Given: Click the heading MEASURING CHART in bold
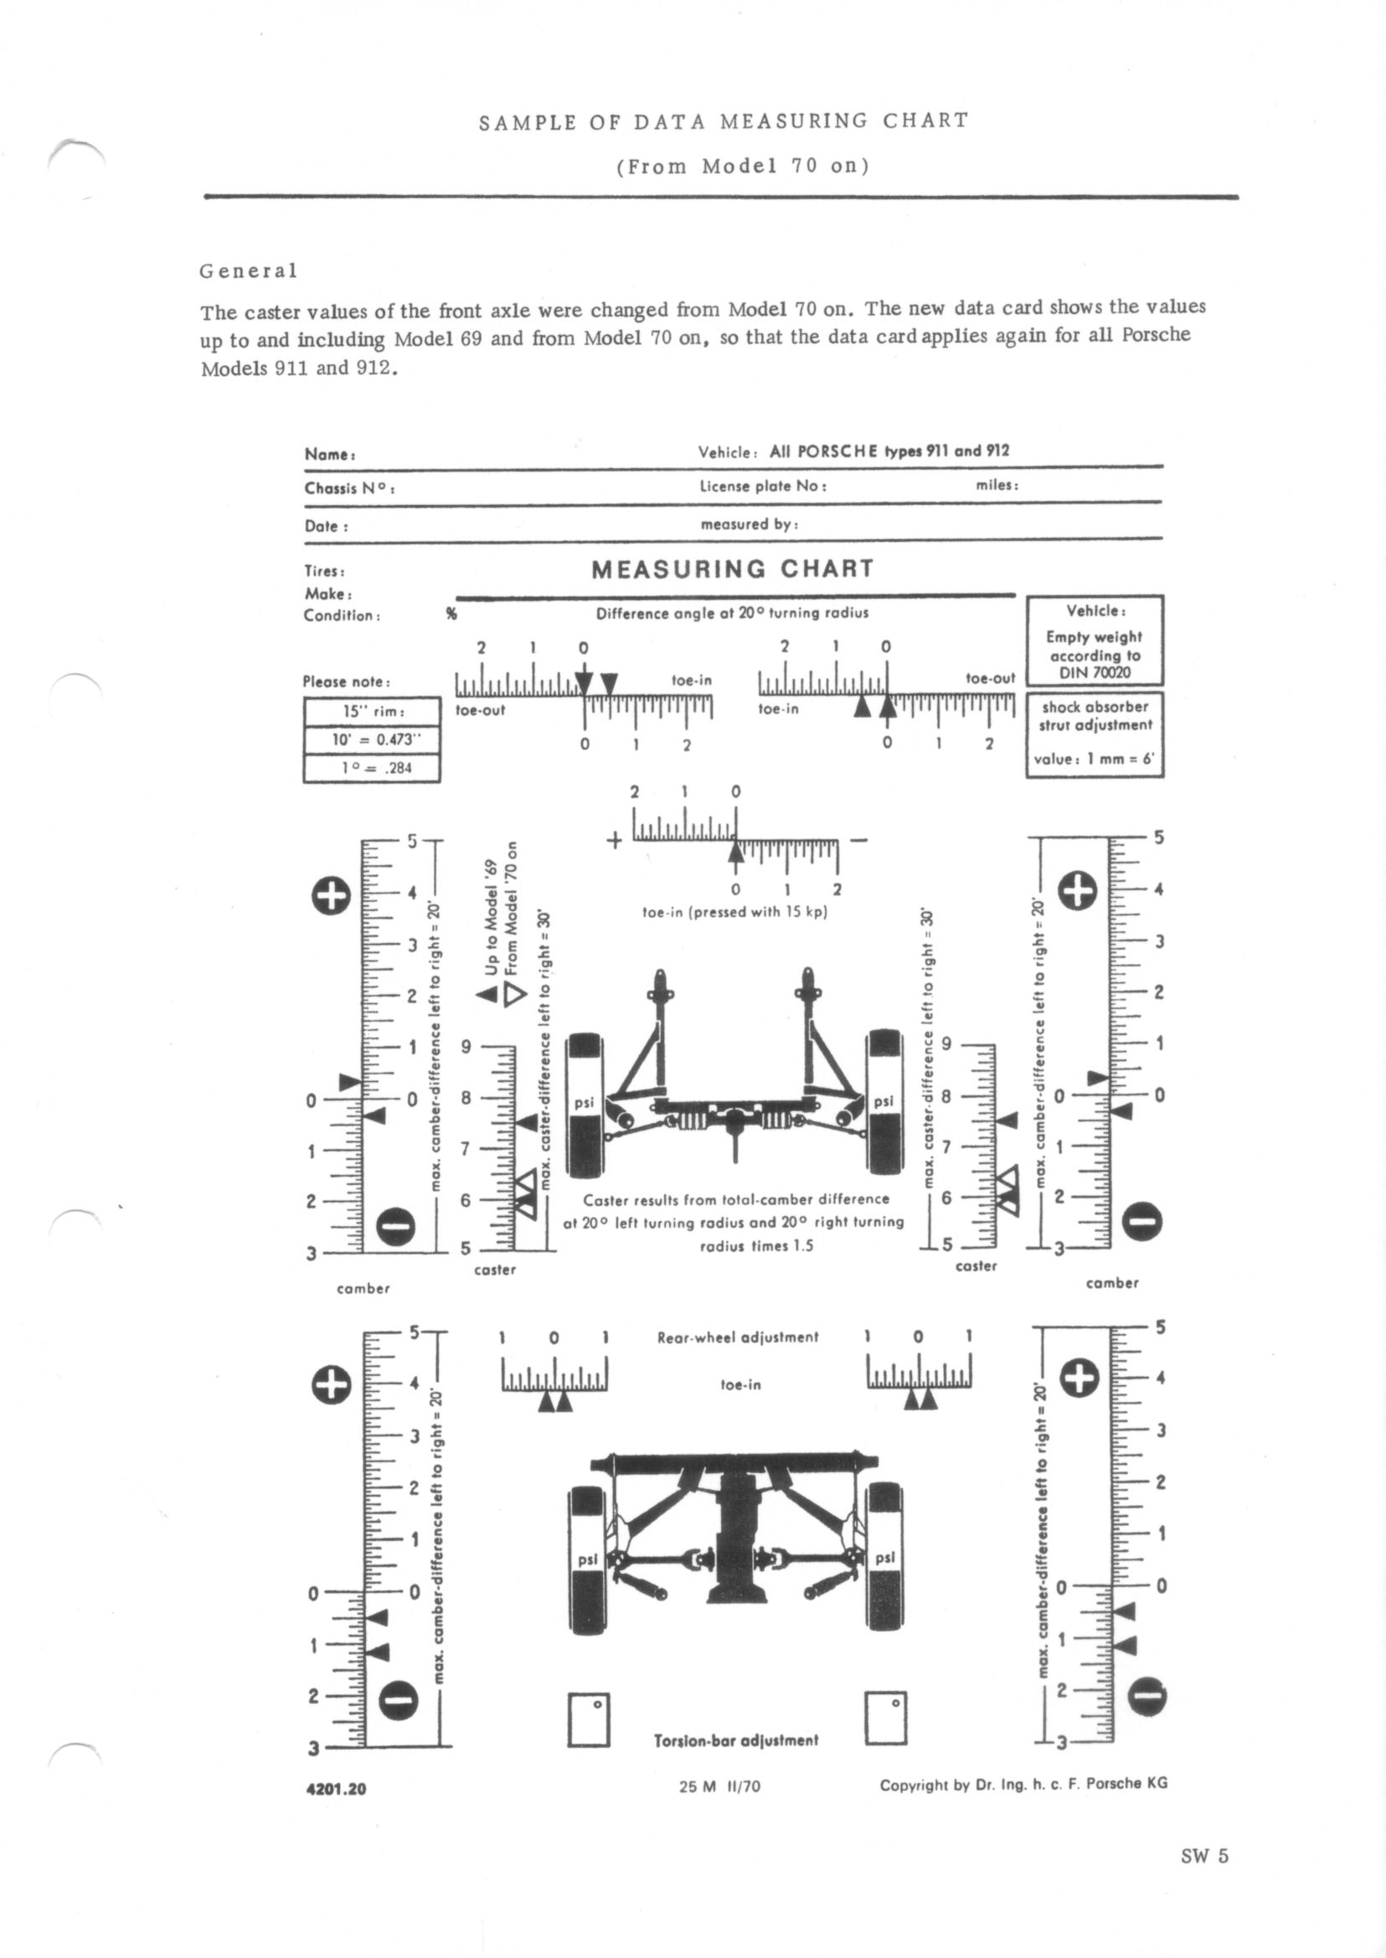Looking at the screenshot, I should [x=732, y=569].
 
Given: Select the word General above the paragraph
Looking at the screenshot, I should [x=249, y=271].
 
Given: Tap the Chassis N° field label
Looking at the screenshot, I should [x=348, y=489].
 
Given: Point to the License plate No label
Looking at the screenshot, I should [x=762, y=487].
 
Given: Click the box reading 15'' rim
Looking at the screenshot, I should [x=372, y=711].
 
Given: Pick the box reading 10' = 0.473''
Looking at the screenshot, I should [x=372, y=739].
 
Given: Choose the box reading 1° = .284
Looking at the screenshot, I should [x=372, y=767].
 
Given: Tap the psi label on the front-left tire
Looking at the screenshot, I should [x=584, y=1104].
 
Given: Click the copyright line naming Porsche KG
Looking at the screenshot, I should [x=1023, y=1783].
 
